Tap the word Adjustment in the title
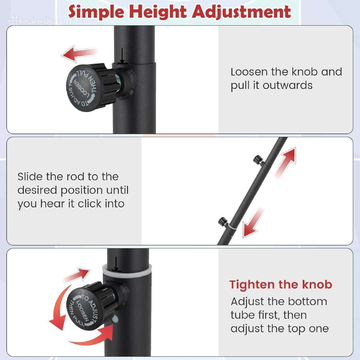241,12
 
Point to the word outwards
288,86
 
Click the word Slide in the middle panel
30,176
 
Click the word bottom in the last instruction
308,302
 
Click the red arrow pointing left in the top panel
79,54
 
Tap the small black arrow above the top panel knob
122,56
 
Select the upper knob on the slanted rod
258,159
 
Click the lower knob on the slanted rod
222,221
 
